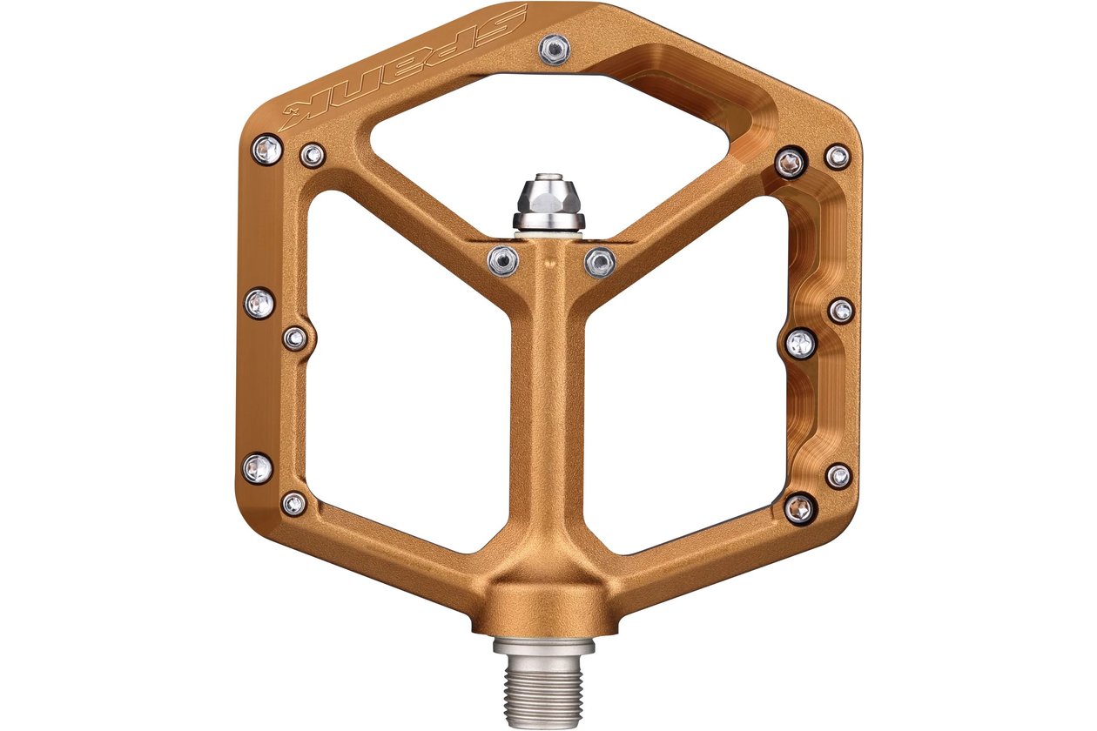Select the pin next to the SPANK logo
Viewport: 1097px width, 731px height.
coord(555,49)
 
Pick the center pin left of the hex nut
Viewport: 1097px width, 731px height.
coord(503,261)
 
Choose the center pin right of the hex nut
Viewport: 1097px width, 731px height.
coord(600,263)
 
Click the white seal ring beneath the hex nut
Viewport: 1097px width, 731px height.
coord(548,236)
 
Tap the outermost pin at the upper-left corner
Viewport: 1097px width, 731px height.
coord(267,149)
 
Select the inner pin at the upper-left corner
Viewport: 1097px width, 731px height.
coord(312,156)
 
